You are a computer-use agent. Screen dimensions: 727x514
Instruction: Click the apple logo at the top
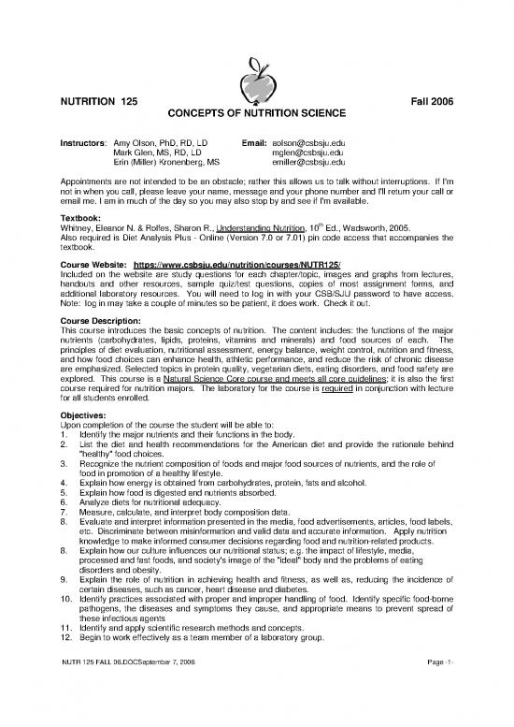(256, 66)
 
